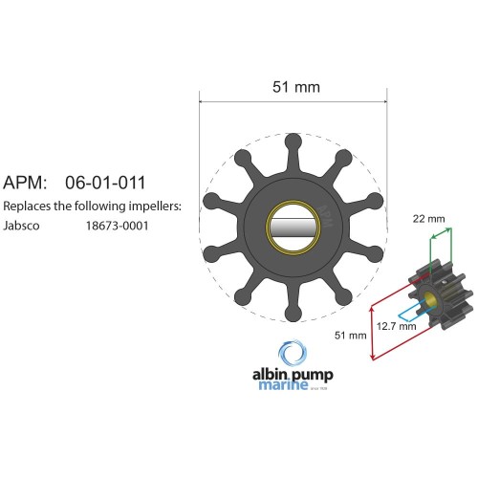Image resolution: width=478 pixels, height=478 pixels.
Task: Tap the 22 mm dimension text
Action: pos(428,219)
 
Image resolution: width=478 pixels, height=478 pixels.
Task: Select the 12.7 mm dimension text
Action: pos(396,326)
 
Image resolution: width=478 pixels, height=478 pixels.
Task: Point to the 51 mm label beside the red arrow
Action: pos(351,336)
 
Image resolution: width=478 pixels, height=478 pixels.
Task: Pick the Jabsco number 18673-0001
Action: pos(117,227)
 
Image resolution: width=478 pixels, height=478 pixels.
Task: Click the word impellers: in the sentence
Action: pos(153,206)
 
